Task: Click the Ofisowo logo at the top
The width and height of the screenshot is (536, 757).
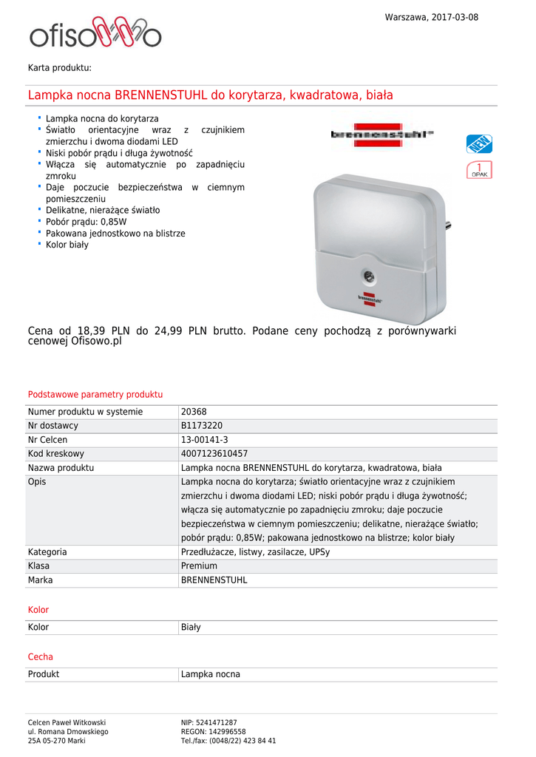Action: (95, 34)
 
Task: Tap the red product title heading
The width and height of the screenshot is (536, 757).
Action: (211, 95)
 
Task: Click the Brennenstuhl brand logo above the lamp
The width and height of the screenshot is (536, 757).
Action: (381, 135)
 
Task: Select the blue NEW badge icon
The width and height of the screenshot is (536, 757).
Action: (479, 143)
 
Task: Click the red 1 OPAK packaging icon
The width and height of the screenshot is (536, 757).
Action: (479, 170)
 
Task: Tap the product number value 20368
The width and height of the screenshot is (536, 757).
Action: (194, 412)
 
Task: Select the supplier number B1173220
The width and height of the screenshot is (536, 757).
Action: (202, 426)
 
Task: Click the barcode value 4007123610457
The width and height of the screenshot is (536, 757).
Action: (214, 454)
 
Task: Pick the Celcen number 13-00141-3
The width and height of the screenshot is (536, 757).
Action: (205, 440)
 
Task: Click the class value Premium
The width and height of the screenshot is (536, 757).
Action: (200, 566)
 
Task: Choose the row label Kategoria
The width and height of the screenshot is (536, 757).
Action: (47, 552)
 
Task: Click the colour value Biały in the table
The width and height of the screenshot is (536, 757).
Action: (191, 628)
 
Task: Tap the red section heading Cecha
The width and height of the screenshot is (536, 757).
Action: (41, 656)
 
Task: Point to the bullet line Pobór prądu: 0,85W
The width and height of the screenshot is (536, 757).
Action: (86, 222)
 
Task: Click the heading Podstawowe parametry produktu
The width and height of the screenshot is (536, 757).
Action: (95, 395)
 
